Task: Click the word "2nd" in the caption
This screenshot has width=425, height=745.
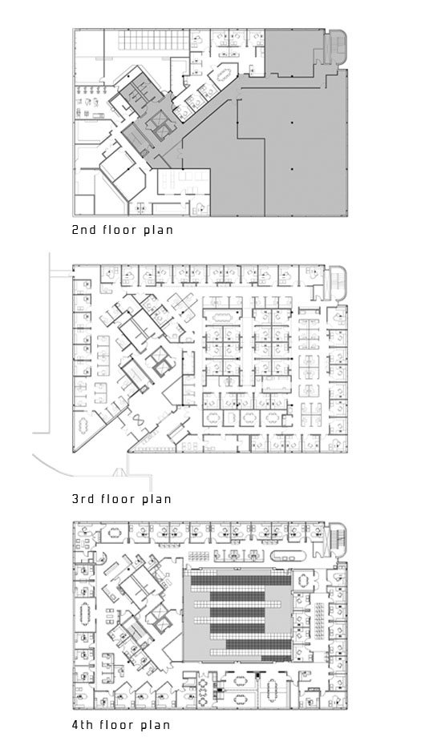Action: pos(84,230)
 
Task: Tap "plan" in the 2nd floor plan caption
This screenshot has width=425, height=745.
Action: pos(160,231)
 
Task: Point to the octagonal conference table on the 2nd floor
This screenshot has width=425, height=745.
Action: pos(224,74)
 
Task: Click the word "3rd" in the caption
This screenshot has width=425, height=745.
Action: pos(84,499)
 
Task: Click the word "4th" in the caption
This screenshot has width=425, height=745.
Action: pos(84,725)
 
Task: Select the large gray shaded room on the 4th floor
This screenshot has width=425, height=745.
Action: pos(237,614)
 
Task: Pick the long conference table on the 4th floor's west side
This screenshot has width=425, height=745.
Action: pos(86,614)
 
